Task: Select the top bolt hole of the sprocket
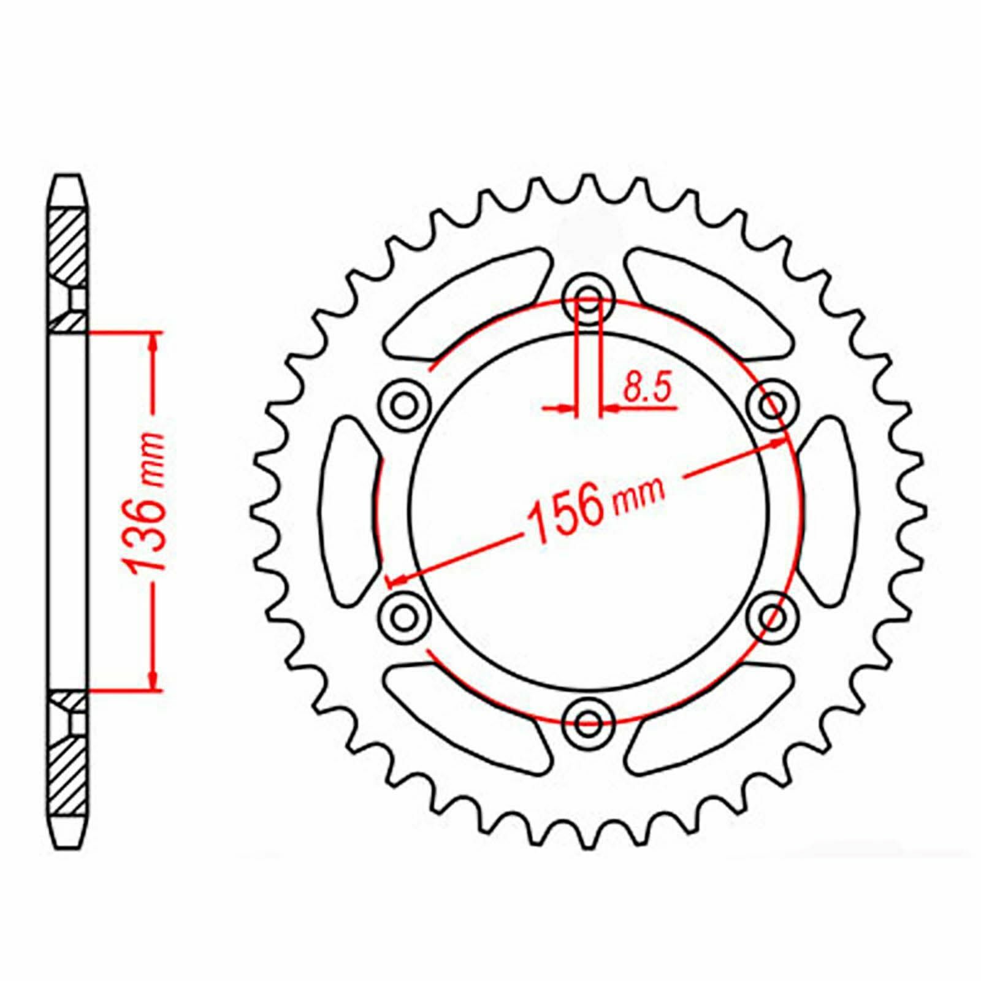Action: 589,299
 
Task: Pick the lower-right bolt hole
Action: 774,616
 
